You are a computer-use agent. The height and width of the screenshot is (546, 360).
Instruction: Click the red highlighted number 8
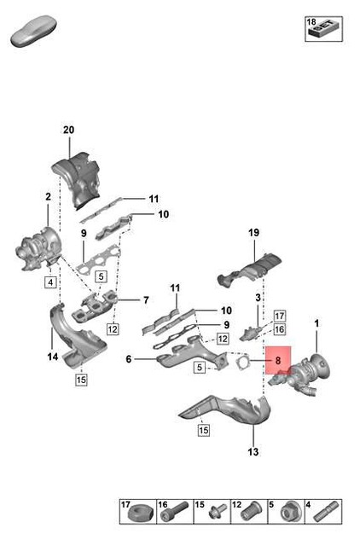278,362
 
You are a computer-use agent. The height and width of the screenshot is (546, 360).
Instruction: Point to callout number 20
69,130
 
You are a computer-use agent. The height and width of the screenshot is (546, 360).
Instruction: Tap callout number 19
253,232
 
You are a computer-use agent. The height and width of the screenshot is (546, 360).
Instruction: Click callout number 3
257,297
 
